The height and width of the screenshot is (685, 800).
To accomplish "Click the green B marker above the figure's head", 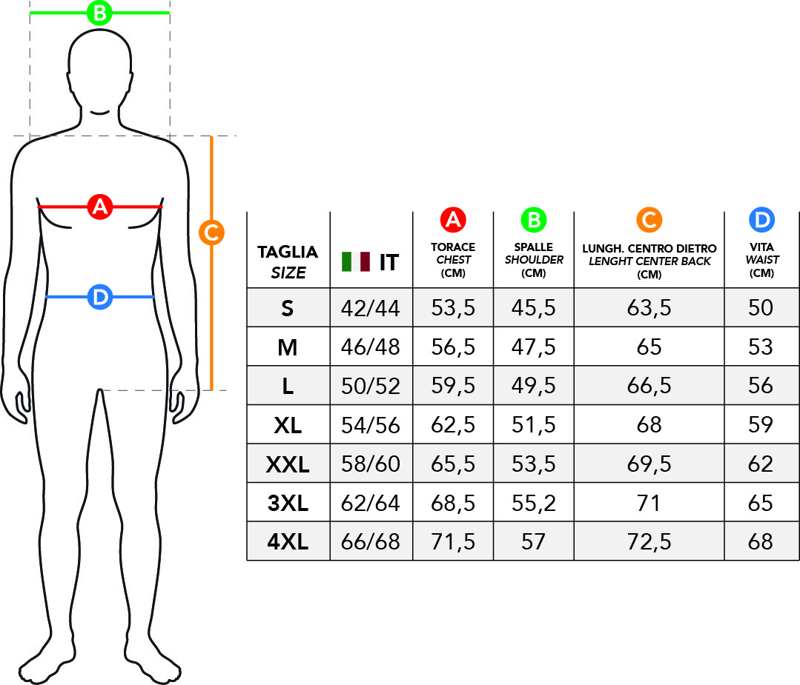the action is (99, 13).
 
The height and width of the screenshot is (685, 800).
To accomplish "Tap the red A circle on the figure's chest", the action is (100, 207).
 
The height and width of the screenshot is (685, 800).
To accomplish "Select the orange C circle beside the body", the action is (211, 233).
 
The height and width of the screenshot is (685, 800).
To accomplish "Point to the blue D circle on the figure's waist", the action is (100, 297).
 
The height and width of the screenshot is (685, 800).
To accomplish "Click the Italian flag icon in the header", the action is (356, 261).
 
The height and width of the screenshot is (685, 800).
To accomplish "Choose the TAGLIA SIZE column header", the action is (288, 262).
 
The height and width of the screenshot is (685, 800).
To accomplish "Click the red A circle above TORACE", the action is (453, 220).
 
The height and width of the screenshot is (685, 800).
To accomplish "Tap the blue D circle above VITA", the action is (761, 220).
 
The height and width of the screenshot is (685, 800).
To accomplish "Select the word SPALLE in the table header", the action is (534, 247).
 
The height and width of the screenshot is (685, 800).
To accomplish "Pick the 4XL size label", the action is (288, 542).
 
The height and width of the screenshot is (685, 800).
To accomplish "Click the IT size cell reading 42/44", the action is (371, 308).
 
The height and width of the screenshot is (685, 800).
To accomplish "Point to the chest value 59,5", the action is (453, 386).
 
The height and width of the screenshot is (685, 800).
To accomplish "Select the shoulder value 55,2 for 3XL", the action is (534, 503).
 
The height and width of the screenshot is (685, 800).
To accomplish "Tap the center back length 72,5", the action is (649, 542).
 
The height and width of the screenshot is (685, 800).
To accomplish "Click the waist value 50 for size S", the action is (761, 308).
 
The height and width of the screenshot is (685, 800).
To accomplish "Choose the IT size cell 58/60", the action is (371, 464).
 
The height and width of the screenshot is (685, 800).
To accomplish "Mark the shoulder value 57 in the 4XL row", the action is (534, 542).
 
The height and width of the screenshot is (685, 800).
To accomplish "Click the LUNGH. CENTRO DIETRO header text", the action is (649, 249).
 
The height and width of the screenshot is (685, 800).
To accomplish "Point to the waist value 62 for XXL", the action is (761, 464).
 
